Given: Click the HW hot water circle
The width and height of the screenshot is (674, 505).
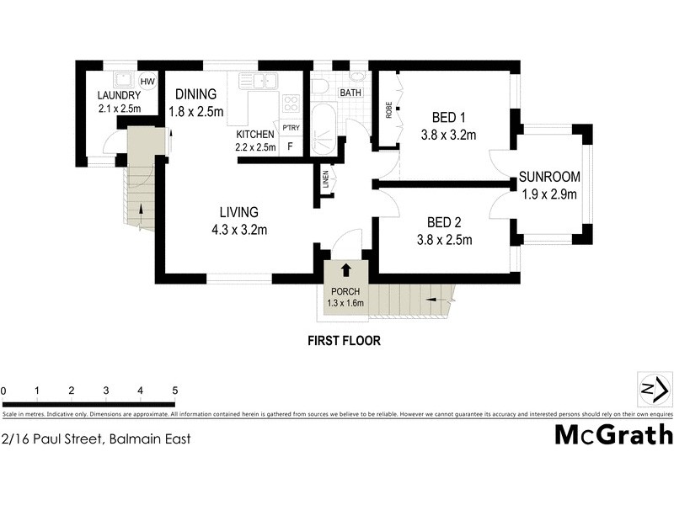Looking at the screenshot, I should [x=148, y=82].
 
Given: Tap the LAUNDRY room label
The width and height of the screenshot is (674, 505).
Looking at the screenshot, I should [x=119, y=95].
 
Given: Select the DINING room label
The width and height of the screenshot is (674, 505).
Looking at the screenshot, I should [x=196, y=94].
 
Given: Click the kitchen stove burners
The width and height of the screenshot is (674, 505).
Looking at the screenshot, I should [x=291, y=104].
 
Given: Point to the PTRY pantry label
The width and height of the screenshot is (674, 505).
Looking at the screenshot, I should [x=291, y=128].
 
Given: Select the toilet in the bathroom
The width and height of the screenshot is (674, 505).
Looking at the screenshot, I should [x=318, y=87].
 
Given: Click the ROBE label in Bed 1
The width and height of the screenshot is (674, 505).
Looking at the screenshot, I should [x=389, y=110].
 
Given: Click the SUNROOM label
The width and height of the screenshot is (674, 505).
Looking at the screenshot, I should [x=548, y=177].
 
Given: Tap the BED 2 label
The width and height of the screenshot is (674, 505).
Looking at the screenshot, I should [x=444, y=223].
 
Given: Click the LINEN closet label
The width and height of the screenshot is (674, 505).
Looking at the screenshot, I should [x=325, y=178].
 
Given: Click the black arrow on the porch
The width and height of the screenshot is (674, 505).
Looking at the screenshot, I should [x=345, y=270].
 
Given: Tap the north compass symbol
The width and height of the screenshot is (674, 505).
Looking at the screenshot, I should [x=654, y=389].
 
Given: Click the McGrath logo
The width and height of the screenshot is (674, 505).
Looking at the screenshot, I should [x=613, y=434].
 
